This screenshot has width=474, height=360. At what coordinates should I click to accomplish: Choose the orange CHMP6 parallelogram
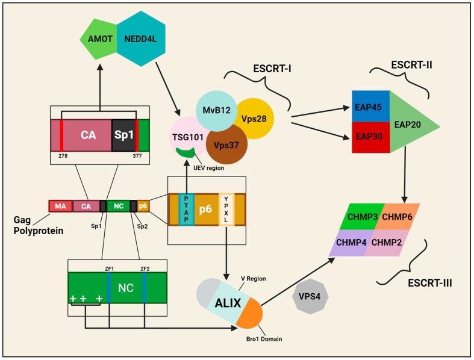[396, 216]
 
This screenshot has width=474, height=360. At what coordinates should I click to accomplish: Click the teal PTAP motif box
[187, 208]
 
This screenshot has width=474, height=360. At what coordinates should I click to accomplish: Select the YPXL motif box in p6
[225, 209]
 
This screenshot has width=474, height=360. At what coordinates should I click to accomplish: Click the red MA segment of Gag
[60, 206]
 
